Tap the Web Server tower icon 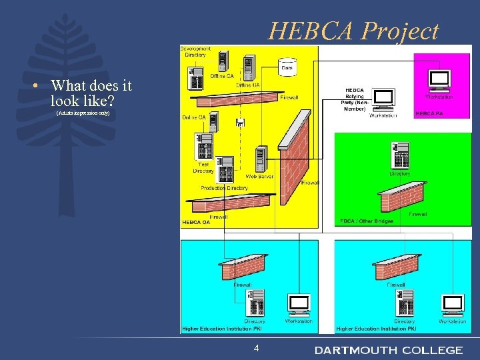(x=261, y=159)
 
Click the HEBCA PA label (x=429, y=114)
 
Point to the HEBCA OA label (x=197, y=222)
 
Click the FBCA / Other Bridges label (x=367, y=221)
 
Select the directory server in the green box (x=401, y=155)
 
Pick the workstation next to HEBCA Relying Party (x=383, y=99)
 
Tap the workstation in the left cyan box (x=298, y=305)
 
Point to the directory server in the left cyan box (x=255, y=303)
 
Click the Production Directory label (x=225, y=188)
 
